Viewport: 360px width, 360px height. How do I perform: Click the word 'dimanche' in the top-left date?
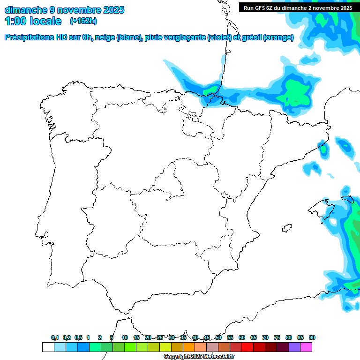coord(25,10)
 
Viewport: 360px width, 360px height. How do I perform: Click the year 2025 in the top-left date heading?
coord(111,10)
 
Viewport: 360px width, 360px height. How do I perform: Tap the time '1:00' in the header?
coord(15,21)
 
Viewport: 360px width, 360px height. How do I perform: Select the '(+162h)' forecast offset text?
coord(83,21)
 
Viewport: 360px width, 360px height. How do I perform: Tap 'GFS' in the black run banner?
coord(262,8)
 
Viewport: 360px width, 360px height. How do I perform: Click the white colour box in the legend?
coord(48,347)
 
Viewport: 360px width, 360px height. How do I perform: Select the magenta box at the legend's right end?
coord(306,347)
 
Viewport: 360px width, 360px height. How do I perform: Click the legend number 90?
coord(312,337)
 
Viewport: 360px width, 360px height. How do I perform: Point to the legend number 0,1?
coord(55,337)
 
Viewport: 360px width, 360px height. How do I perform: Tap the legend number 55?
coord(230,337)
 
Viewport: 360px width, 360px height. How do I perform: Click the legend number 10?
coord(125,337)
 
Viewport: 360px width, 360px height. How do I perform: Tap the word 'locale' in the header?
coord(45,21)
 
